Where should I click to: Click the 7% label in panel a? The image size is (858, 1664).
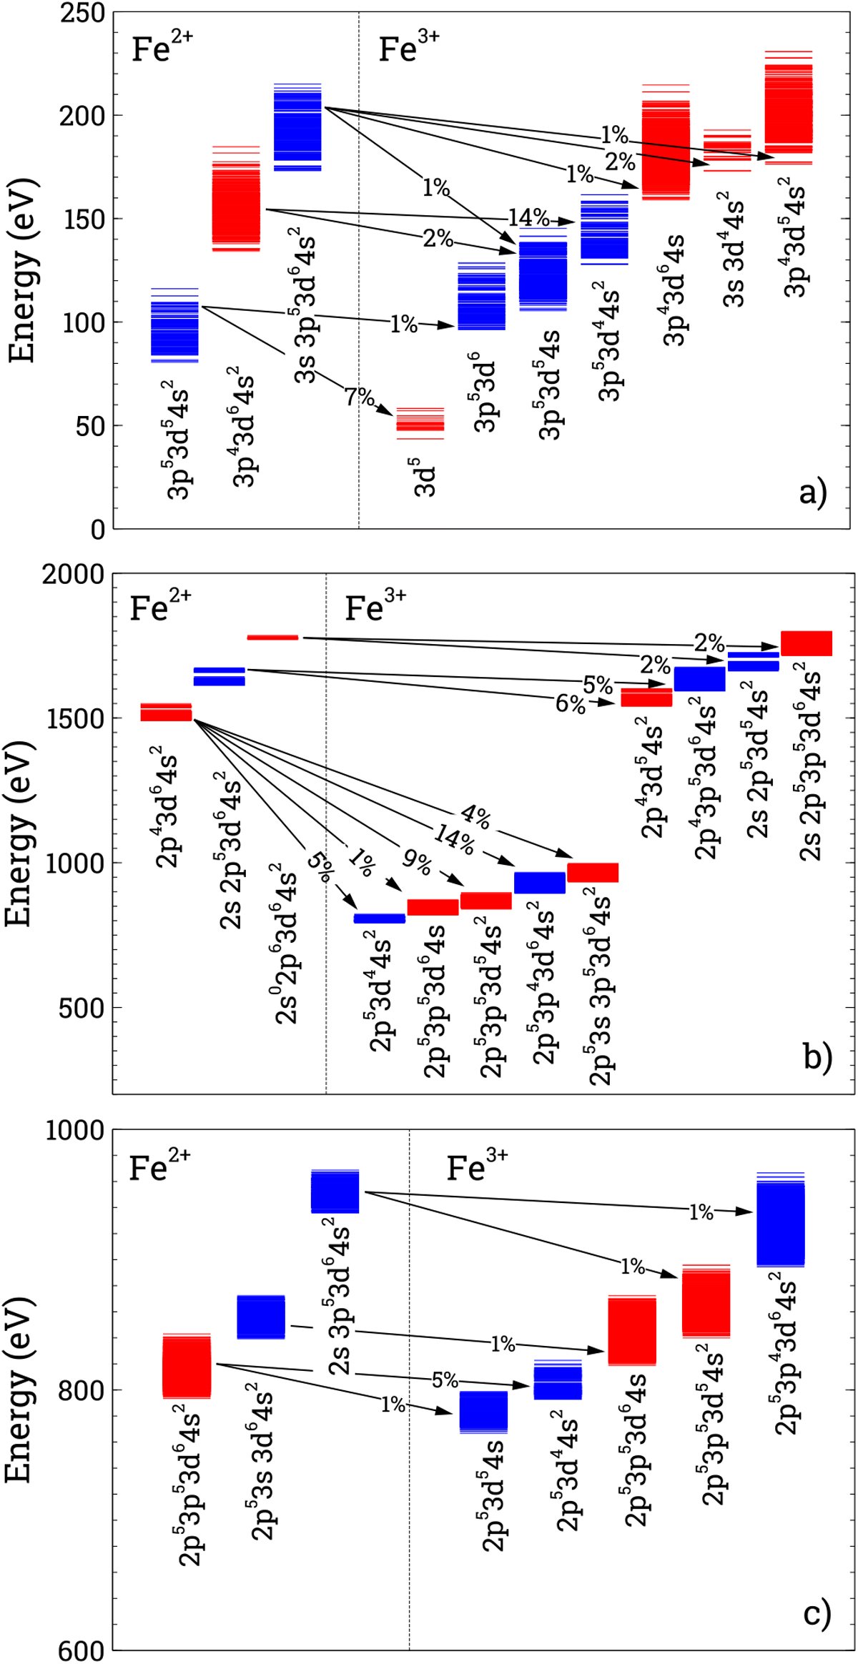coord(359,397)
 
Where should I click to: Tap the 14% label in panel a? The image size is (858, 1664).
coord(528,217)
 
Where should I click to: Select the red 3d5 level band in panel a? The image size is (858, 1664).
coord(420,423)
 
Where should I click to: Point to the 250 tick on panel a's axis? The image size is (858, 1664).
coord(83,13)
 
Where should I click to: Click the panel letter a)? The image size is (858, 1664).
coord(813,492)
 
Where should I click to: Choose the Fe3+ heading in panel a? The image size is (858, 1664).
coord(408,48)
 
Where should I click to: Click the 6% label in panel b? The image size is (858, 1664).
coord(570,704)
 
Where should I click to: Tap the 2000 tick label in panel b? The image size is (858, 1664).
coord(73,574)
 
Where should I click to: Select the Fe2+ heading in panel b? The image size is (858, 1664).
coord(160,607)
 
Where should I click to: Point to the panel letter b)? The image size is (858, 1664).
coord(817,1056)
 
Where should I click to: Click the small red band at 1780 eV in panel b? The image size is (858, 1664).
coord(272,637)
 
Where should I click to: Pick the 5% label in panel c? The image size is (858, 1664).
coord(445,1380)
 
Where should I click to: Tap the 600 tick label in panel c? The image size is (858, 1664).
coord(81,1650)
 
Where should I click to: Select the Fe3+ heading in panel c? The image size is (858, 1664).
coord(476,1167)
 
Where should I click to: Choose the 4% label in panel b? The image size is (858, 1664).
coord(475,816)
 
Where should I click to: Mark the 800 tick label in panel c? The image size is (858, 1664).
coord(81,1390)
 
